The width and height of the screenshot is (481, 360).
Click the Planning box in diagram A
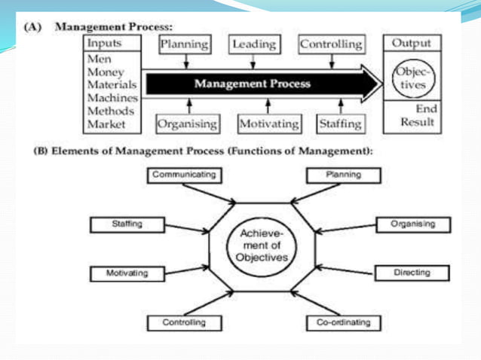coord(184,44)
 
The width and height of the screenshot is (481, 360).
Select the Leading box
coord(253,44)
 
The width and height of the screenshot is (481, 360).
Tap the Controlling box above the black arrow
coord(330,44)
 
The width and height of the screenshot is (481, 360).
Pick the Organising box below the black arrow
coord(187,123)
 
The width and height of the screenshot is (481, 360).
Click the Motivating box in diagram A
coord(268,123)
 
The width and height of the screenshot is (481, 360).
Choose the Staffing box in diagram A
coord(339,123)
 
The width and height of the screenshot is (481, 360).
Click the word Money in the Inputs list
coord(106,72)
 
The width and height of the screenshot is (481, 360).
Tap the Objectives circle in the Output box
coord(409,78)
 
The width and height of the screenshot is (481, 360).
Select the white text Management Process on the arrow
coord(252,84)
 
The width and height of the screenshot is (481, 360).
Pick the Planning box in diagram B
coord(343,175)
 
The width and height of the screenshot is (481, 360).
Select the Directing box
coord(412,272)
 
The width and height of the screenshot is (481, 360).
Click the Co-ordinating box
coord(343,323)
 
